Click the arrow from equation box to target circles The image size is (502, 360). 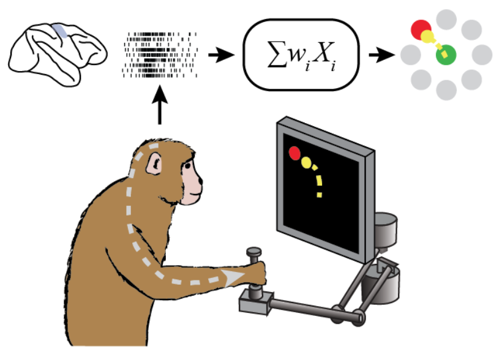(x=381, y=56)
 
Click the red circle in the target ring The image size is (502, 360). (x=420, y=28)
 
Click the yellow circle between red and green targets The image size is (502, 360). (x=427, y=37)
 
